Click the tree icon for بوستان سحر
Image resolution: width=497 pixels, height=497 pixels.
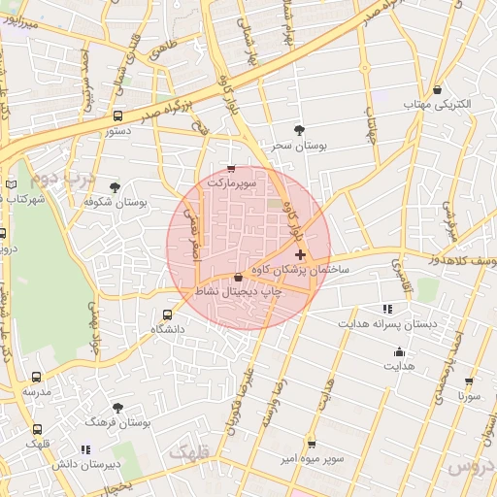coord(298,130)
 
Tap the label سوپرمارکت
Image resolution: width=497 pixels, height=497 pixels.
coord(231,182)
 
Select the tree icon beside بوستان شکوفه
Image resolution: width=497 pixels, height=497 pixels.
coord(115,187)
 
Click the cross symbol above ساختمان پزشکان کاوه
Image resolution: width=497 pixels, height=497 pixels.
coord(299,254)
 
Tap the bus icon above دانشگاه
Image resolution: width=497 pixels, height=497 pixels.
coord(167,315)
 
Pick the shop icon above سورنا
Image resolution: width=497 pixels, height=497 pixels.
coord(469,382)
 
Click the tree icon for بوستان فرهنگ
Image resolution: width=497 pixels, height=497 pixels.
coord(117,410)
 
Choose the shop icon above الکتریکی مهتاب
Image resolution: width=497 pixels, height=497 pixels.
coord(439,89)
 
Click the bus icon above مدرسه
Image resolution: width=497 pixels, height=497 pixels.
coord(37,377)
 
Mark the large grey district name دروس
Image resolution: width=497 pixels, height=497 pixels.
coord(472,468)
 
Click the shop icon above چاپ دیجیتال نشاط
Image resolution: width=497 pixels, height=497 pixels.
coord(238,277)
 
